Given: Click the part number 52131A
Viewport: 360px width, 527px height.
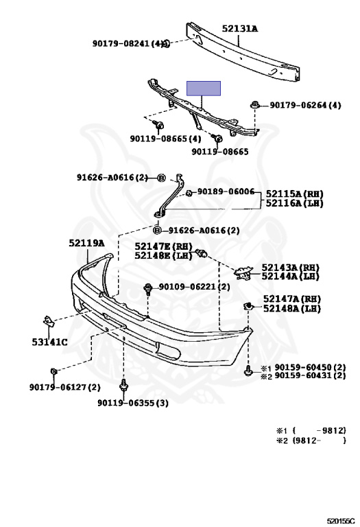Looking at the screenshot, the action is pyautogui.click(x=240, y=29).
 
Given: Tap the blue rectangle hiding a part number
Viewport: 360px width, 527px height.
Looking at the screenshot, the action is pyautogui.click(x=204, y=89).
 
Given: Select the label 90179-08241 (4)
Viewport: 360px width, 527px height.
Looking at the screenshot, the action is pyautogui.click(x=130, y=43).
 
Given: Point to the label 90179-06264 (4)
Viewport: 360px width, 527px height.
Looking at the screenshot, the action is pyautogui.click(x=305, y=105).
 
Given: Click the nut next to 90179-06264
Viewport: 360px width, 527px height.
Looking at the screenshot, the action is pyautogui.click(x=255, y=104).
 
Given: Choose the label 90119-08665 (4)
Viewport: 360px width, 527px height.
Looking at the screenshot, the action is pyautogui.click(x=165, y=139).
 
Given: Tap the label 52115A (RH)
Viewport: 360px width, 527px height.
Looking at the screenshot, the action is pyautogui.click(x=295, y=194).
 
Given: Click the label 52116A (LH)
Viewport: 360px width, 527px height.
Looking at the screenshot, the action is pyautogui.click(x=295, y=203).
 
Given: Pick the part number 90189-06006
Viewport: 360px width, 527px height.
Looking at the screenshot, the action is pyautogui.click(x=226, y=191).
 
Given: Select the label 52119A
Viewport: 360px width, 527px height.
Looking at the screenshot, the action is pyautogui.click(x=86, y=243).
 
